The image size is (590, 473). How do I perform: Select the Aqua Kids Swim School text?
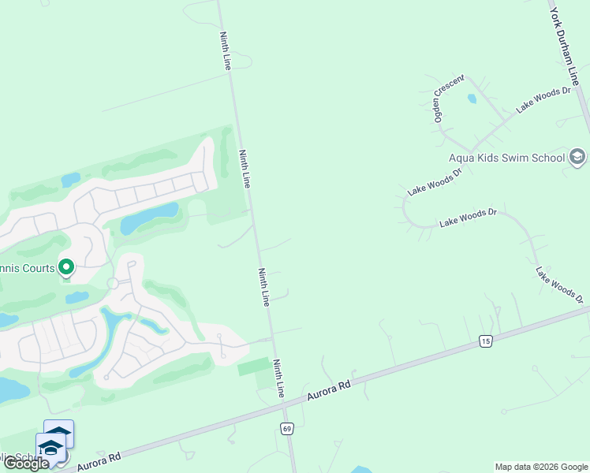tap(506, 158)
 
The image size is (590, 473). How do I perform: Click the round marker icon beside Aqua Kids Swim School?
tap(577, 157)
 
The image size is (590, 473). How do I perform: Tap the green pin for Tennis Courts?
tap(66, 269)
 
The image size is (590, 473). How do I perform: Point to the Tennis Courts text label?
tap(27, 268)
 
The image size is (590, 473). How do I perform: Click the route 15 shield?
tap(484, 340)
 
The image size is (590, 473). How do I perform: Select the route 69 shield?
tap(286, 427)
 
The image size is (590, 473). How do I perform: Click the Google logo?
tap(26, 464)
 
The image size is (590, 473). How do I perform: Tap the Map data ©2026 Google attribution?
tap(541, 467)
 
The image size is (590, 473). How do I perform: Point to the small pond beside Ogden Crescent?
tap(472, 99)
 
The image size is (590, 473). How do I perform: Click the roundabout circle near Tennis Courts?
tap(113, 283)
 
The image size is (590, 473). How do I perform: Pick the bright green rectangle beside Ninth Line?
tap(252, 366)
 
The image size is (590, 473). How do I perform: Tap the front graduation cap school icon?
tap(50, 448)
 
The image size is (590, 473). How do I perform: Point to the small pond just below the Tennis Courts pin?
tap(77, 298)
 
